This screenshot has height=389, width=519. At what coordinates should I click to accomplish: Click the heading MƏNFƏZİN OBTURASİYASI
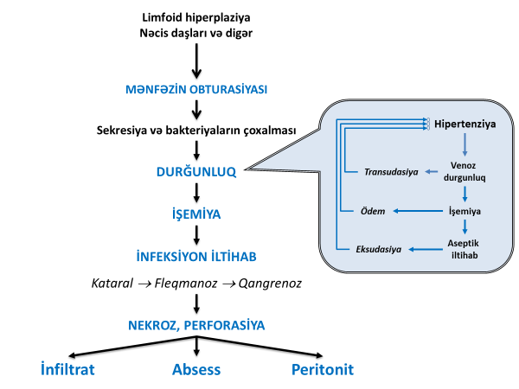[198, 88]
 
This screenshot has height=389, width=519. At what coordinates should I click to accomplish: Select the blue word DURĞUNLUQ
[198, 170]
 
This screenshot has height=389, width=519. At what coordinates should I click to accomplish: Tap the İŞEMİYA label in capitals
[198, 213]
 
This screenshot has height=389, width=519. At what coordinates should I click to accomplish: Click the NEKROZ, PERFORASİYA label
[198, 325]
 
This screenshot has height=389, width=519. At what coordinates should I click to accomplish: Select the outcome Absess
[196, 369]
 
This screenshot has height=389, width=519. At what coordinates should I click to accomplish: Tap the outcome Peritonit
[323, 369]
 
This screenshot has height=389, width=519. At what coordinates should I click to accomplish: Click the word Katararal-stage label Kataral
[112, 284]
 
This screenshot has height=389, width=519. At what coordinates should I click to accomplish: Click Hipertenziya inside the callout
[465, 124]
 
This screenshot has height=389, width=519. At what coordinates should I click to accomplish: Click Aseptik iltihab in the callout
[467, 249]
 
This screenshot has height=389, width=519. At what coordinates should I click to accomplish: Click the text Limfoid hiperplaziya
[198, 17]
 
